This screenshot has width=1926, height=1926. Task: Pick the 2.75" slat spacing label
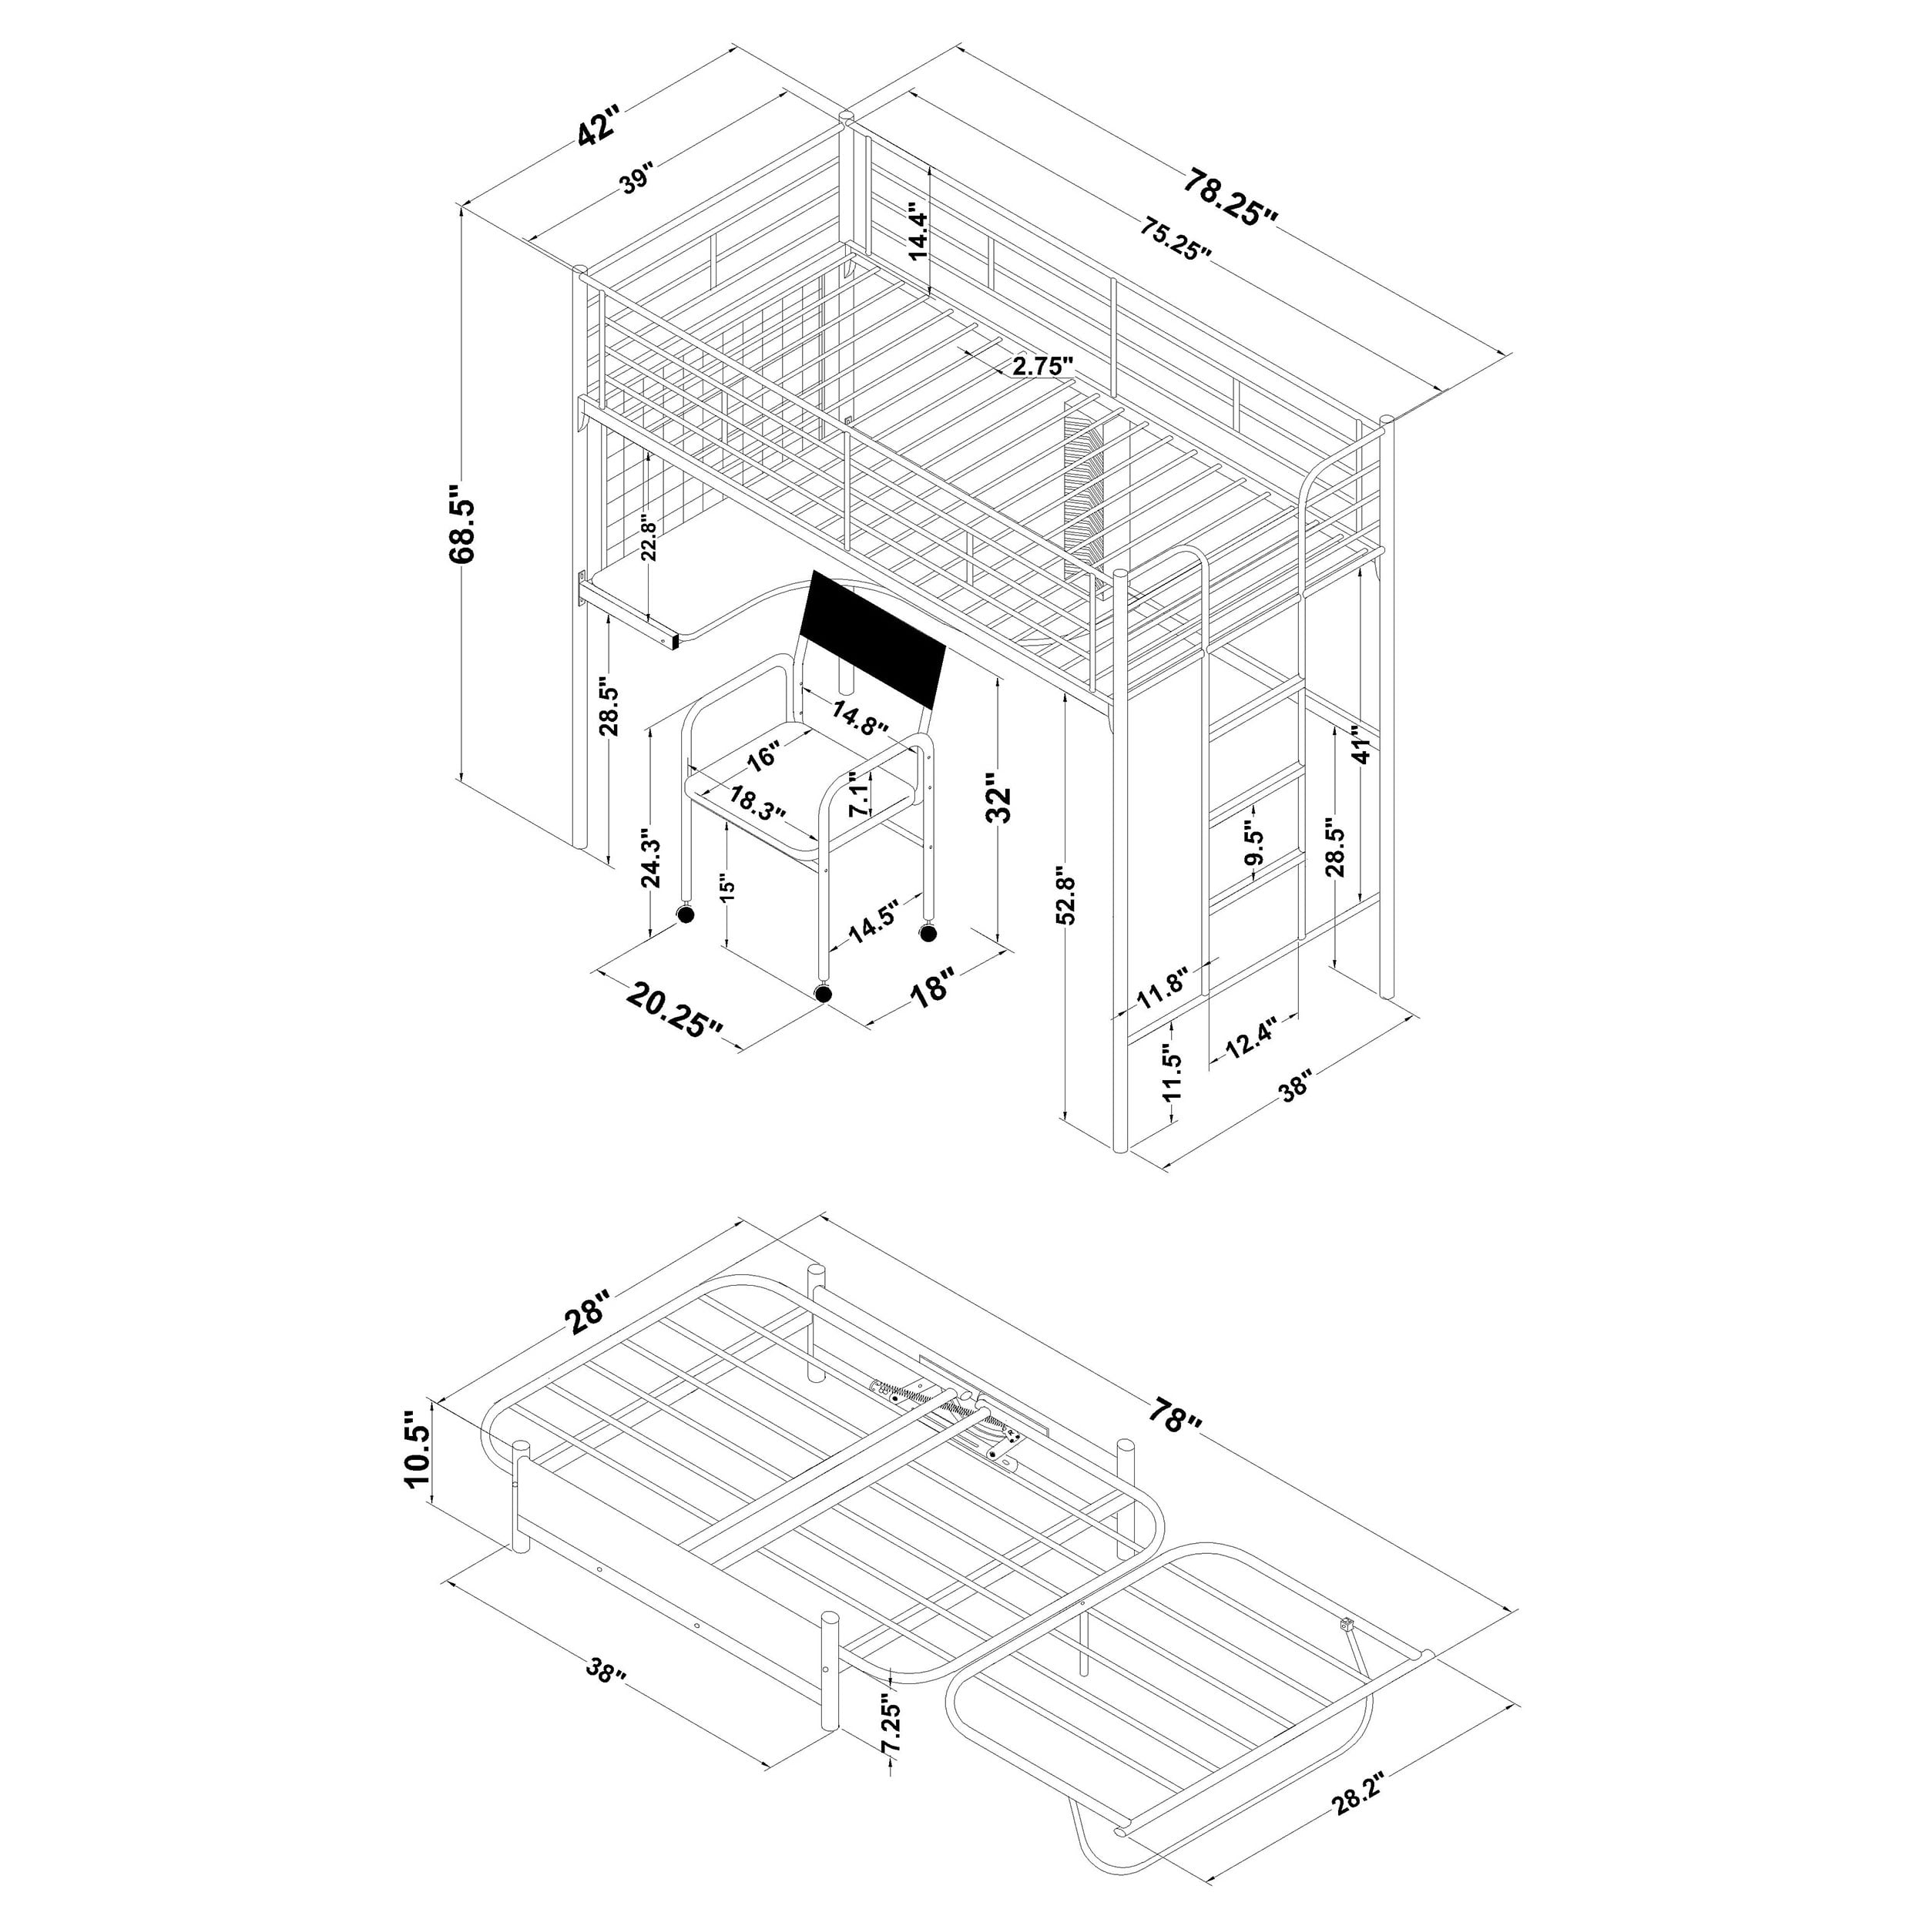(1043, 366)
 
